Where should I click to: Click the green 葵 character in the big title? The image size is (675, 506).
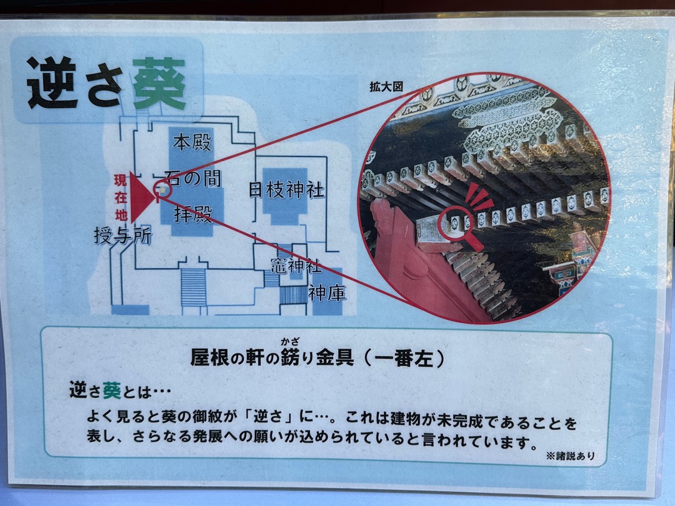(159, 84)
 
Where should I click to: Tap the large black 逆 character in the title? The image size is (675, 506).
(52, 82)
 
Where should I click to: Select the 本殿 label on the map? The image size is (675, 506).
(192, 142)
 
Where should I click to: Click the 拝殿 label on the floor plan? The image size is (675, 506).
(193, 213)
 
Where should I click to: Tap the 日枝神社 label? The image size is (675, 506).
(286, 190)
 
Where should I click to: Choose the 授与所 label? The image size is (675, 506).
(123, 236)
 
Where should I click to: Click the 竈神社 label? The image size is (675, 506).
(296, 265)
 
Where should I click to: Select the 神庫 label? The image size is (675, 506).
(327, 294)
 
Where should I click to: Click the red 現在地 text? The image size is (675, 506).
(121, 197)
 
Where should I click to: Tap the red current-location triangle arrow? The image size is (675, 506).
(141, 197)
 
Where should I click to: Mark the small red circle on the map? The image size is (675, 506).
(164, 189)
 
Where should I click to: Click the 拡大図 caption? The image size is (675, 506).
(386, 87)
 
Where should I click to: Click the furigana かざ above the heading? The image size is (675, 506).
(290, 342)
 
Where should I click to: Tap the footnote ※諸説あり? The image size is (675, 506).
(571, 455)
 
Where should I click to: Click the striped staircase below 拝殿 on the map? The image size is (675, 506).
(194, 287)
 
